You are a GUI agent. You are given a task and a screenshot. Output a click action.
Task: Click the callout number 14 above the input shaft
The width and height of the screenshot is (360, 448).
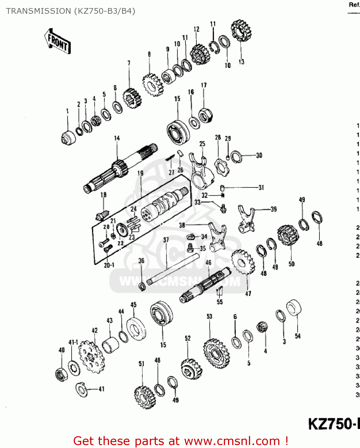point(117,138)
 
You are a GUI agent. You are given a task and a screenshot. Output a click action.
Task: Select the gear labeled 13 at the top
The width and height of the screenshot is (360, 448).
point(241,30)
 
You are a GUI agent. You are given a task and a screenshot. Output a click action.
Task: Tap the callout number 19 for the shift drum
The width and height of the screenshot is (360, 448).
point(140,173)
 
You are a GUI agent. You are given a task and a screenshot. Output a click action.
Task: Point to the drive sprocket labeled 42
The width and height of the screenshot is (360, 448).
point(91,357)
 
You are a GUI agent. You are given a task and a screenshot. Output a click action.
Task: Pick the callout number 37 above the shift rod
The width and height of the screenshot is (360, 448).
point(166,240)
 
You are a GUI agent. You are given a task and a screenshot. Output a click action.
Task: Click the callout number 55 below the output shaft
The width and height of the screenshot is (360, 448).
point(220,302)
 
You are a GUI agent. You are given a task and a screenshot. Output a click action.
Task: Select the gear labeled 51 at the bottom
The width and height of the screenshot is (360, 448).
point(145,397)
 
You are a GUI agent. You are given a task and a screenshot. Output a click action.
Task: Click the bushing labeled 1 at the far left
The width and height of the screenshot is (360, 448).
point(68,138)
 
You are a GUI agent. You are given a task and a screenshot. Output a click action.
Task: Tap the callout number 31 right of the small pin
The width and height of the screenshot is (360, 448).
point(261,188)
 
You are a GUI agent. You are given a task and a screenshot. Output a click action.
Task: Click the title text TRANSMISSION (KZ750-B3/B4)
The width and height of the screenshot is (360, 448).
point(70,11)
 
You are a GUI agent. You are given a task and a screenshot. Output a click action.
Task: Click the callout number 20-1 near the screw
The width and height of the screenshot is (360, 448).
point(109,265)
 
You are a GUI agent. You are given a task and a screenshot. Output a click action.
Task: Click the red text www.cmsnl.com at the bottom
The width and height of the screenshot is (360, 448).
point(232,441)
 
